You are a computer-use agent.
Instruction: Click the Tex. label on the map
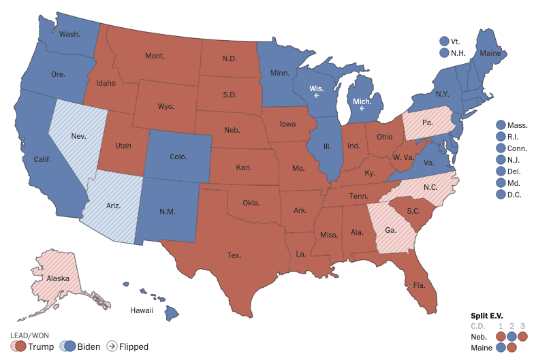tap(234, 256)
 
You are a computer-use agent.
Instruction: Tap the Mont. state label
tap(154, 56)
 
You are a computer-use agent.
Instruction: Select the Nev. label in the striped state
tap(78, 136)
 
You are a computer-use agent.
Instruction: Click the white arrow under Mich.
tap(362, 108)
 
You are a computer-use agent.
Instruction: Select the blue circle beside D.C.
tap(501, 195)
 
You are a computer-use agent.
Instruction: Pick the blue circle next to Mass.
tap(501, 125)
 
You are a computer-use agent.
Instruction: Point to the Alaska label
tap(59, 278)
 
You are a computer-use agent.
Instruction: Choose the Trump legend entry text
tap(41, 346)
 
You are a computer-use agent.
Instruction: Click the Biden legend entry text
tap(89, 346)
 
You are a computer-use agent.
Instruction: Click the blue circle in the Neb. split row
tap(511, 336)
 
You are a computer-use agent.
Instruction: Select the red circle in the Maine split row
tap(511, 348)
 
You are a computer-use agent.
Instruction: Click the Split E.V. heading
tap(489, 316)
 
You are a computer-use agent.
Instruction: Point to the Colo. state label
tap(178, 157)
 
